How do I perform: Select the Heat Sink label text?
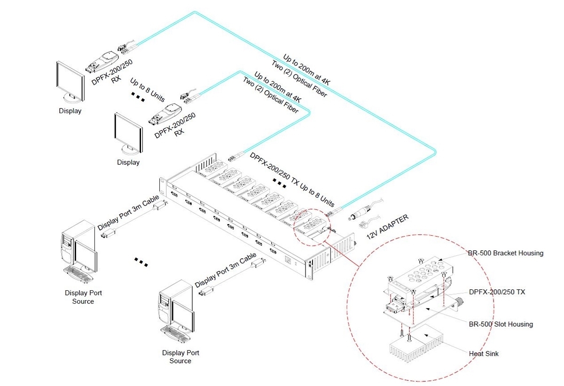484,353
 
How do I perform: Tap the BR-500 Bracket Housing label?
505,253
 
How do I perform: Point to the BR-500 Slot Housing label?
501,324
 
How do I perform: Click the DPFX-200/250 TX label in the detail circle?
497,292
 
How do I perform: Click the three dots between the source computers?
141,261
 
